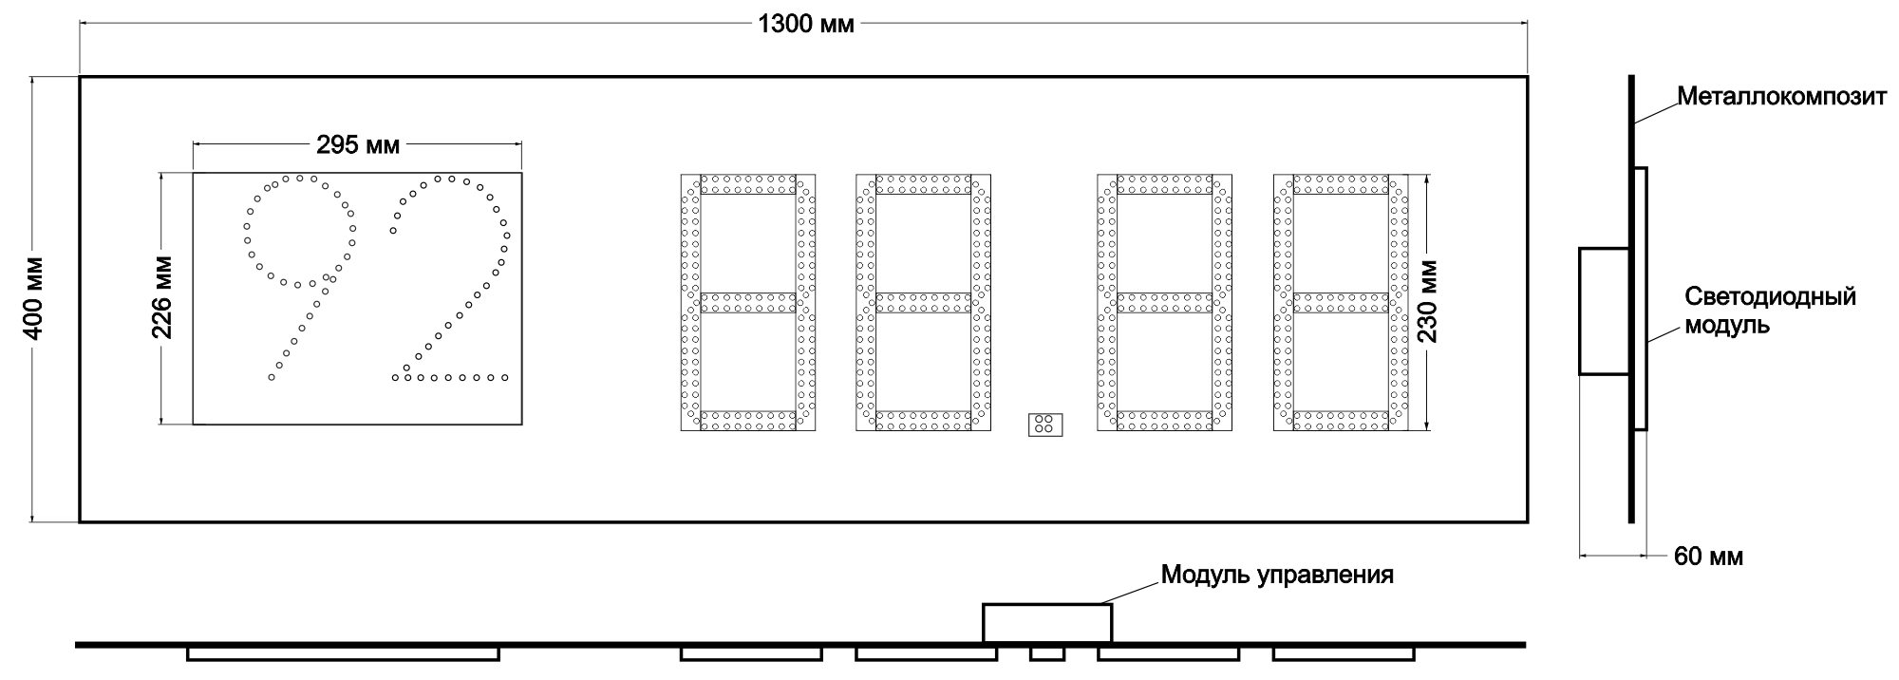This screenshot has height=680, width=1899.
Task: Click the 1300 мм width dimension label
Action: [805, 24]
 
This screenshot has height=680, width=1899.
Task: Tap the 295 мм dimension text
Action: [358, 145]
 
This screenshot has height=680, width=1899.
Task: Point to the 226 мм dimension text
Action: [161, 298]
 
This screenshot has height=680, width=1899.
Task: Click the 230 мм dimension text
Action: [1427, 301]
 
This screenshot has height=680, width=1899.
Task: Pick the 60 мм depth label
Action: [1708, 557]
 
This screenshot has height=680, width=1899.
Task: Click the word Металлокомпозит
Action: [1781, 97]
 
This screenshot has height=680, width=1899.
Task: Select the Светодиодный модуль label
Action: [1770, 311]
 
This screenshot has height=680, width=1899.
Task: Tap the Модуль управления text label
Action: [1277, 575]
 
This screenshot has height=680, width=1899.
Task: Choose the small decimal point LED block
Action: [1044, 425]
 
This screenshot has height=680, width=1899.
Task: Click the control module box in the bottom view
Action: [1046, 623]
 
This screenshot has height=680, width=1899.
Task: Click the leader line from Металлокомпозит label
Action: [1655, 112]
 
